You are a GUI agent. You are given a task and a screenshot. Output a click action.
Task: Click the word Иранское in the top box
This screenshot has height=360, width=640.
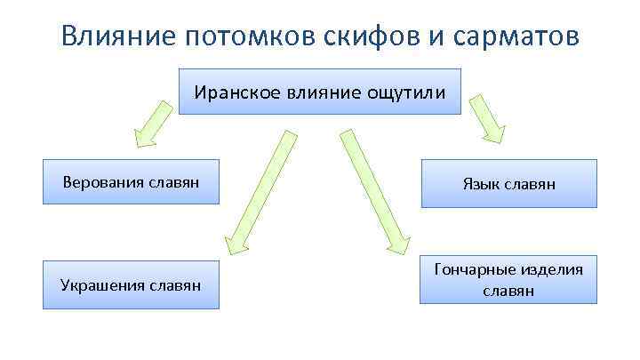click(x=233, y=92)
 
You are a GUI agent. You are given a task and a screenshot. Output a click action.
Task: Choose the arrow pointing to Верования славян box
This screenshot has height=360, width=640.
click(x=151, y=124)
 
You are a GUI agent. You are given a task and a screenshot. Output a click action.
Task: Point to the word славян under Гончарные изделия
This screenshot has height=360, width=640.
click(x=508, y=291)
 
